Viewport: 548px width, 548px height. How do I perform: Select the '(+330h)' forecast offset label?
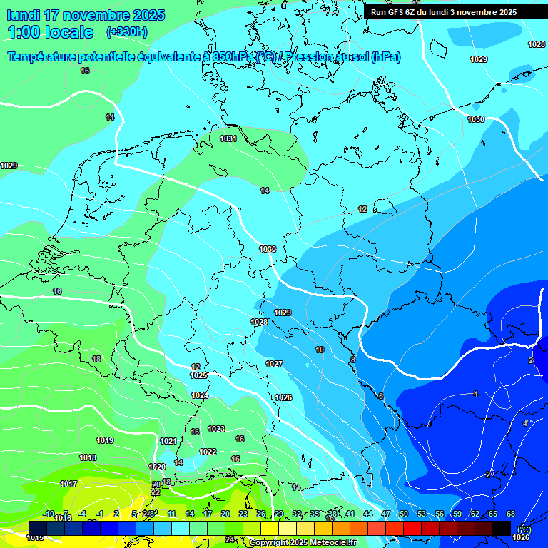(127, 32)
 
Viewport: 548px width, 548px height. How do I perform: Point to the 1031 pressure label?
(228, 138)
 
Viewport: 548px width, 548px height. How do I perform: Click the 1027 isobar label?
(274, 364)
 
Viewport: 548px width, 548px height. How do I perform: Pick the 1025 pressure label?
(199, 375)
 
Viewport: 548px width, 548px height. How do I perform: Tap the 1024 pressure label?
(200, 395)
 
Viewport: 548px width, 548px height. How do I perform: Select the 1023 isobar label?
(216, 429)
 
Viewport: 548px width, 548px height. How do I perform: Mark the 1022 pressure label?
(208, 452)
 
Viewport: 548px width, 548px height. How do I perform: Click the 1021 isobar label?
(168, 441)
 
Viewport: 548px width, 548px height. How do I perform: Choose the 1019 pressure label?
(105, 440)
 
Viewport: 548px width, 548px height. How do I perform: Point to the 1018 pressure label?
(88, 457)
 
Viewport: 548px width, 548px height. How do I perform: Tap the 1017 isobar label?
(68, 484)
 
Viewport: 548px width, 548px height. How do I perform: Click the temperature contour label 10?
(320, 350)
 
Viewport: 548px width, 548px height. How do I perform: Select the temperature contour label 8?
(352, 360)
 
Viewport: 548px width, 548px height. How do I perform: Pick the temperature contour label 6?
(381, 396)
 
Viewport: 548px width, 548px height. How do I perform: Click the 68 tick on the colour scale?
(511, 514)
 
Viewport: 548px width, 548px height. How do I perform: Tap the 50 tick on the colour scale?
(404, 514)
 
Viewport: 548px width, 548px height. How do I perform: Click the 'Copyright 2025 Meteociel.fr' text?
(303, 543)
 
